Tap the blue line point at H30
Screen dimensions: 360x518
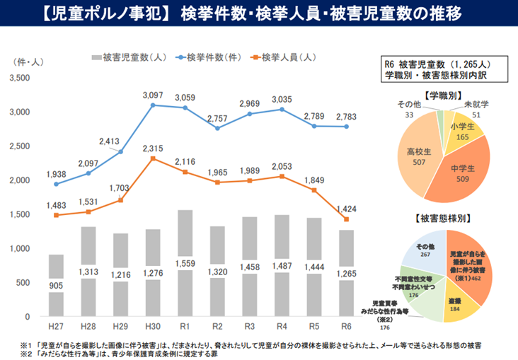[153, 105]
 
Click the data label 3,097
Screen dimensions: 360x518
[153, 94]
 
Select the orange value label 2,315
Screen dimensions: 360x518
[153, 147]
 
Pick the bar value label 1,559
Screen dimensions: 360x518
[185, 263]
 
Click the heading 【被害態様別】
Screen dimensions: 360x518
[447, 218]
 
